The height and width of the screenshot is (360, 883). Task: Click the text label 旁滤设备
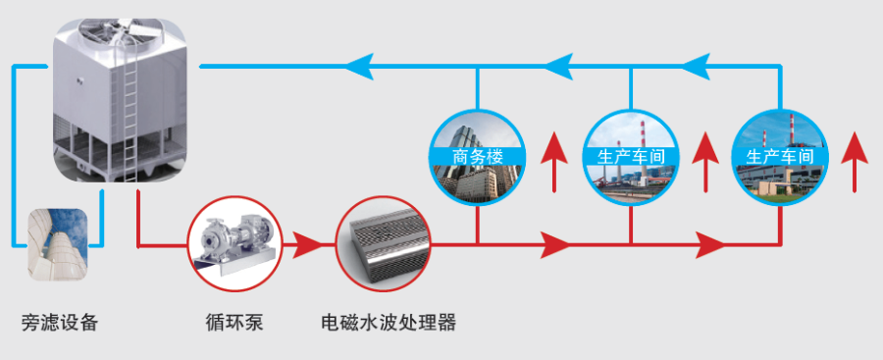tap(60, 322)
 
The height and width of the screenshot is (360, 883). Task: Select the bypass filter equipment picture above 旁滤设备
tap(58, 240)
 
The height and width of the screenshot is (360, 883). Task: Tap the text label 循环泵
tap(234, 322)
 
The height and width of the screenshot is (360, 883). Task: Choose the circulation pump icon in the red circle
tap(234, 244)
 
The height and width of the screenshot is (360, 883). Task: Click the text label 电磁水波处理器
tap(390, 322)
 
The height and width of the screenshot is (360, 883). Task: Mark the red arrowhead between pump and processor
tap(308, 244)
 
